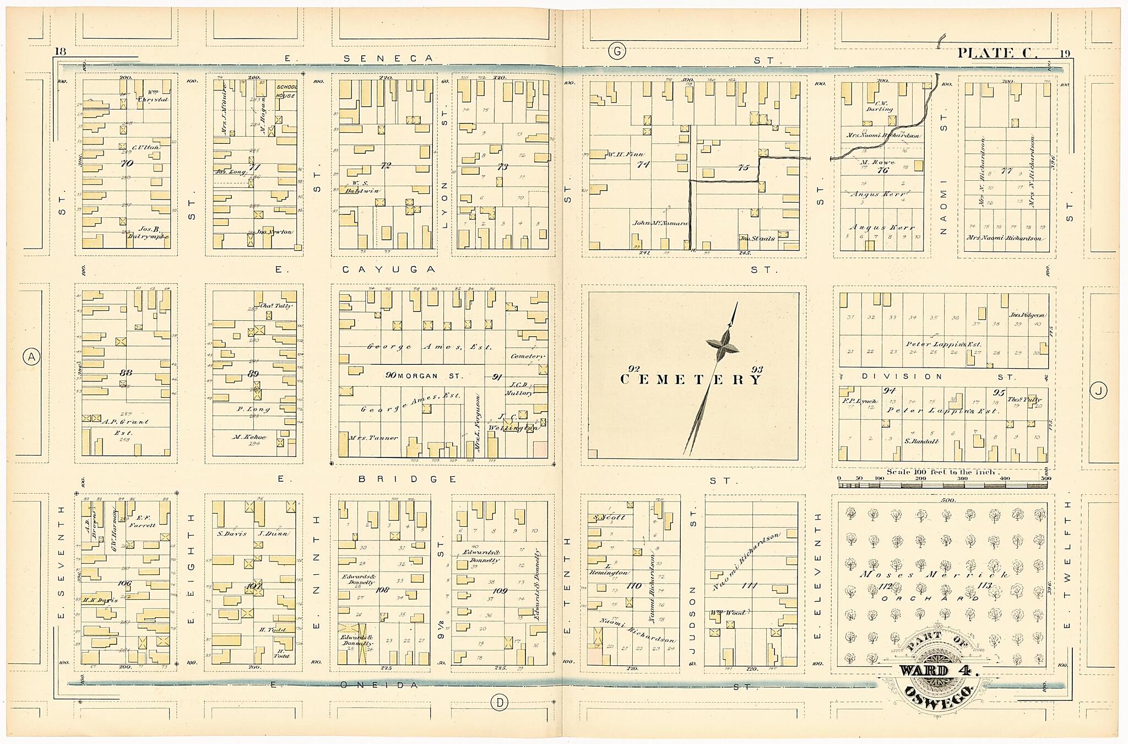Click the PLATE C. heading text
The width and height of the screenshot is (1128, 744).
(997, 53)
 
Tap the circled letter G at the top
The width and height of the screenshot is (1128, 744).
(617, 52)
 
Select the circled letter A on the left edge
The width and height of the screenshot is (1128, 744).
(31, 357)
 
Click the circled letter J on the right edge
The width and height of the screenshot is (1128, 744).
(1098, 391)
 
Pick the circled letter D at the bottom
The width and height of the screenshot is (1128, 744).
(500, 702)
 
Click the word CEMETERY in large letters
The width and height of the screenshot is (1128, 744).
(692, 380)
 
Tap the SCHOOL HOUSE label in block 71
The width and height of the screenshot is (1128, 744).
(286, 91)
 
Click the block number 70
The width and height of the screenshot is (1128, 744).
(127, 163)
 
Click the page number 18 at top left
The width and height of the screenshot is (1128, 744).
(60, 52)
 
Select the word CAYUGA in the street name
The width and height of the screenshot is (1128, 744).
(389, 269)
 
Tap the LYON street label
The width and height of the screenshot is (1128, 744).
(445, 205)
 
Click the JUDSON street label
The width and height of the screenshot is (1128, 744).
(693, 611)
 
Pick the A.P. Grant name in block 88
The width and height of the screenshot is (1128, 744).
(126, 422)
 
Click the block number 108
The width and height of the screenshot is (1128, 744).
(382, 590)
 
